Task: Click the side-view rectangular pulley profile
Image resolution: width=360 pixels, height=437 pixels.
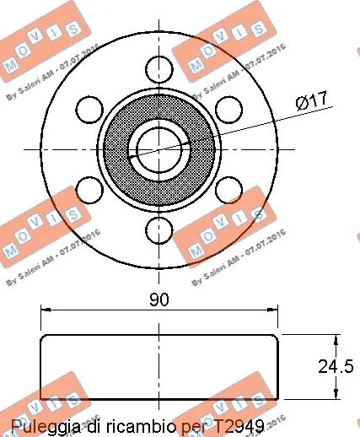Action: pyautogui.click(x=159, y=367)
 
